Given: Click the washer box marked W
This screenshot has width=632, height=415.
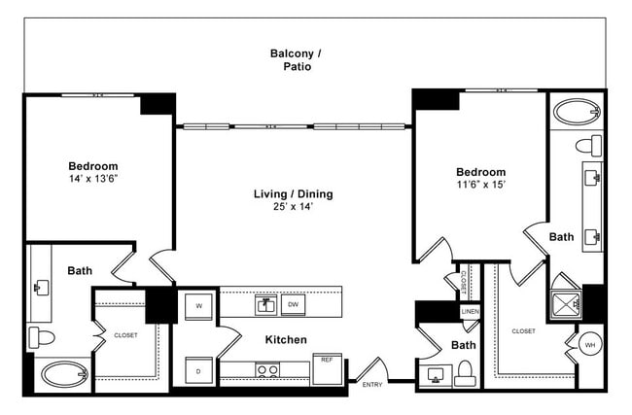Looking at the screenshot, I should pyautogui.click(x=199, y=305).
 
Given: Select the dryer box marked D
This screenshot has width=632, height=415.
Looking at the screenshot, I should pyautogui.click(x=199, y=371).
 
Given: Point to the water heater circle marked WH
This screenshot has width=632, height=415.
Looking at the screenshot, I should pyautogui.click(x=589, y=344).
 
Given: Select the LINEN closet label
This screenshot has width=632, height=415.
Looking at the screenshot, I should pyautogui.click(x=470, y=312).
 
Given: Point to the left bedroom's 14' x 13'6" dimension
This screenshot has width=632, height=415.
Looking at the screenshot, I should pyautogui.click(x=93, y=180).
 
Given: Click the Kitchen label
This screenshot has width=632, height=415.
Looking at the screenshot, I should pyautogui.click(x=286, y=340).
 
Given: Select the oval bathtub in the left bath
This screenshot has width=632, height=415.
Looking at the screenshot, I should pyautogui.click(x=63, y=373).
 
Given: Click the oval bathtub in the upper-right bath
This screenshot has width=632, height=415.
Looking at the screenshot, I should pyautogui.click(x=576, y=112).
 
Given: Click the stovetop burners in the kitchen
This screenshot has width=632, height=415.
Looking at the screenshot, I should pyautogui.click(x=267, y=369).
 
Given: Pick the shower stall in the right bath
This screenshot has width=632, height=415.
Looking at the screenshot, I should pyautogui.click(x=565, y=305).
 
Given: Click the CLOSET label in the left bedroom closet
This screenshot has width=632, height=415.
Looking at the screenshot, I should pyautogui.click(x=125, y=335).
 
